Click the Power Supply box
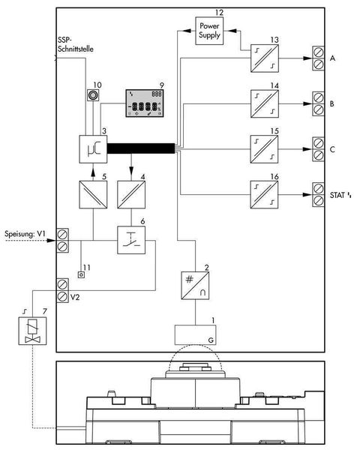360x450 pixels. [209, 31]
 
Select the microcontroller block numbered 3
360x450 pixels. [93, 148]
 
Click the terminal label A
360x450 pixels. [332, 57]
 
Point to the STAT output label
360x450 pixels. [337, 196]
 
